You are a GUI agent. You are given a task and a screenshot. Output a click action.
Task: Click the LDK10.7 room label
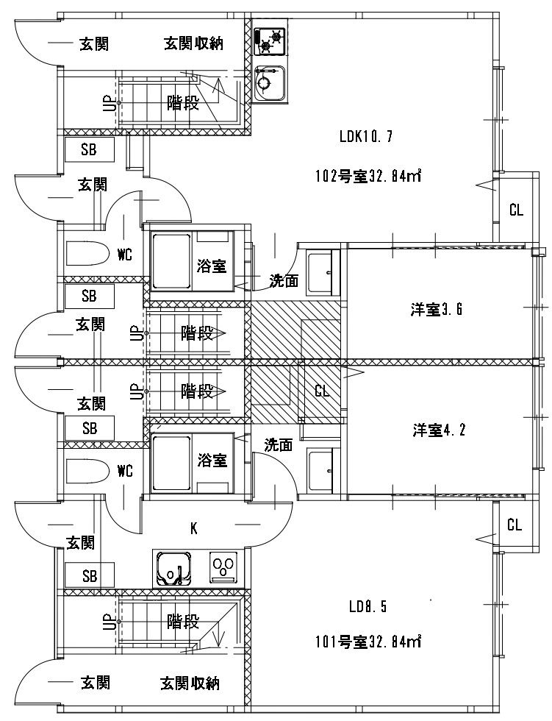[x=368, y=136]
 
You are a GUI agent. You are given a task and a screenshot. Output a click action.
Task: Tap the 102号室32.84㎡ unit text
[x=368, y=176]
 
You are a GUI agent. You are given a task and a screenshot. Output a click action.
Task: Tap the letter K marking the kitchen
[x=194, y=528]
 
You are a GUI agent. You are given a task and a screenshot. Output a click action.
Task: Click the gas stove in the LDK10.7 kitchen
[x=270, y=40]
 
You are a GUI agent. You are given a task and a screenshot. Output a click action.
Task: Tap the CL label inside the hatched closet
[x=322, y=391]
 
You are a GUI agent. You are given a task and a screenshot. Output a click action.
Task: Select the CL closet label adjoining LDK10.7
[x=516, y=210]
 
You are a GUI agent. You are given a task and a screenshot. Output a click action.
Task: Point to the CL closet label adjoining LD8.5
[x=515, y=525]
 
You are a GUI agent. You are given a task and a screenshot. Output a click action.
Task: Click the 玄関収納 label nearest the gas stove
[x=193, y=43]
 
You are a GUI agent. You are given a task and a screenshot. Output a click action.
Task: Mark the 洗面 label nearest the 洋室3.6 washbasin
[x=283, y=280]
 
